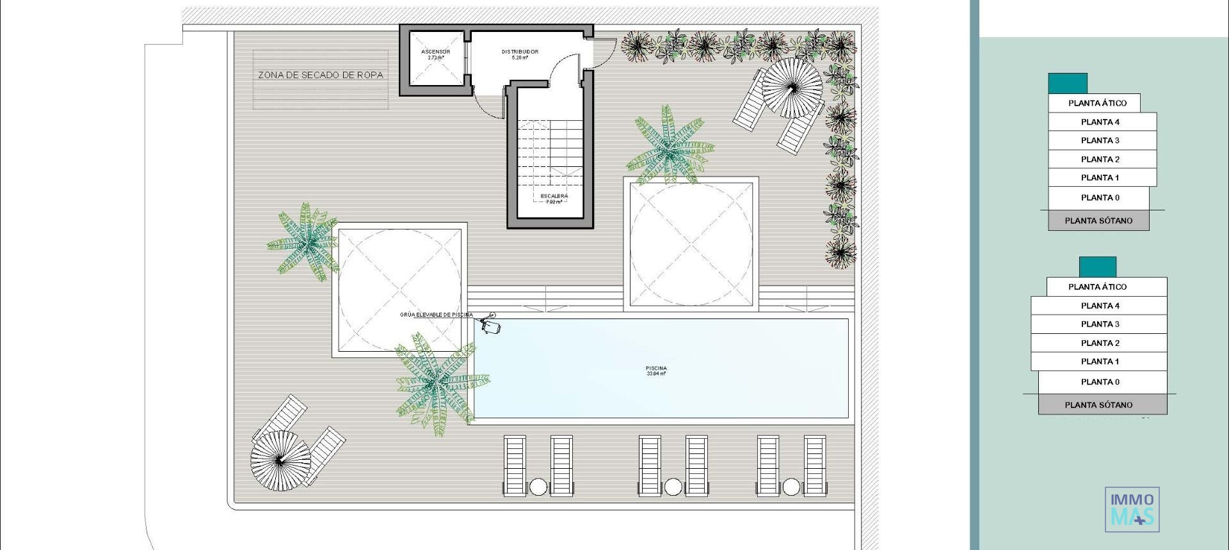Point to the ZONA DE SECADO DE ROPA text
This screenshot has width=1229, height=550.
point(321,75)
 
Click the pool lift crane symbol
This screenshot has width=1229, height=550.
point(491,325)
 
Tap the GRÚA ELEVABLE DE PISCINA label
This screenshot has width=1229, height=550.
point(436,315)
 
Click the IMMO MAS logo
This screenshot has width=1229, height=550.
point(1132,509)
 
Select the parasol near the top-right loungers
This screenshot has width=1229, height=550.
point(792,88)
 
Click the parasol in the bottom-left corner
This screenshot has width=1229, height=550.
point(280,460)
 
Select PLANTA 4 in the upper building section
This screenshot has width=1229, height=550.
point(1100,122)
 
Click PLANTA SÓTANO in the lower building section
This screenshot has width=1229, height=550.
point(1098,404)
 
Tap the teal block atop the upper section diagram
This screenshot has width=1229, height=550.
point(1067,83)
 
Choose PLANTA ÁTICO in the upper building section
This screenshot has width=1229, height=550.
point(1097,103)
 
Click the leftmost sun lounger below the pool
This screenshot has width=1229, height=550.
point(515,465)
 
